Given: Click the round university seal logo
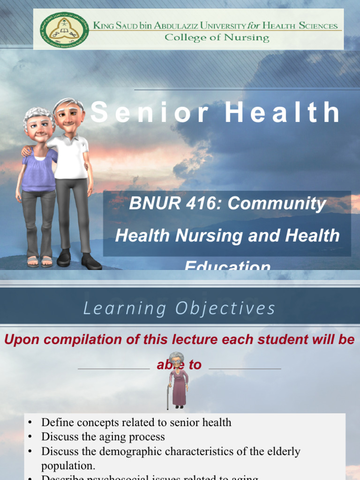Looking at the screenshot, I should click(57, 30).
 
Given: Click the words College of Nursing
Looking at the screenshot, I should click(217, 38).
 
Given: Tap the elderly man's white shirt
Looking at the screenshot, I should click(71, 157).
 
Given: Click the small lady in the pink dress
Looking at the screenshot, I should click(178, 382).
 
